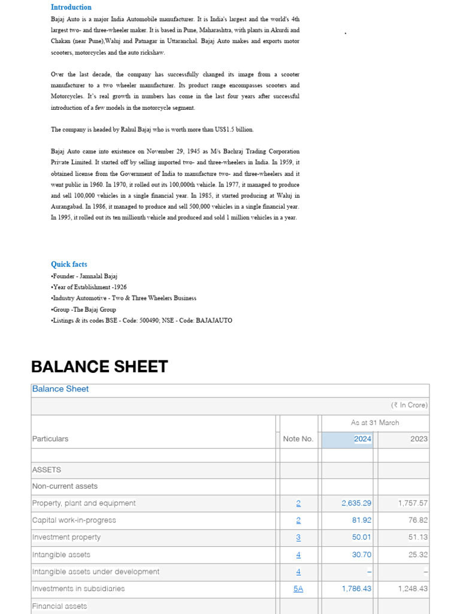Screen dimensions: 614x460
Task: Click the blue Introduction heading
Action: [x=71, y=7]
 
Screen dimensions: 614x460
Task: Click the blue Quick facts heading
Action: [x=69, y=264]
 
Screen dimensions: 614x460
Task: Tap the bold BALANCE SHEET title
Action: [x=99, y=367]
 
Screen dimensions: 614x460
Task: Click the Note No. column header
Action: [x=298, y=439]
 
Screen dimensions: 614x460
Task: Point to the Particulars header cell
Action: [x=50, y=439]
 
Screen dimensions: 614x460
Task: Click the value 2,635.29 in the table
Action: [x=356, y=503]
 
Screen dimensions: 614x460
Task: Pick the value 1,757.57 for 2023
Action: [x=413, y=503]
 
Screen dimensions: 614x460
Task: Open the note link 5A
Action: [x=298, y=589]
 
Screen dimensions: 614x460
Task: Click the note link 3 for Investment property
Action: [x=298, y=537]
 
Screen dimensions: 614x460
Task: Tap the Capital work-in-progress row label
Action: [x=74, y=520]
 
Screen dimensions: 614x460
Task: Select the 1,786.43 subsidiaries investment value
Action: [x=356, y=589]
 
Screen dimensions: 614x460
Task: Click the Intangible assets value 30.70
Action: [x=362, y=555]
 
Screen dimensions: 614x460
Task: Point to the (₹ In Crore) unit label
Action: [x=409, y=405]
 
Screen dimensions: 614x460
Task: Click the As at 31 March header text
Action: [x=375, y=423]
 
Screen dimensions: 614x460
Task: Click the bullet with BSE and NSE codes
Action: [x=141, y=320]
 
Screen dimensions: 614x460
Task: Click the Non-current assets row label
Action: [x=65, y=486]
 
